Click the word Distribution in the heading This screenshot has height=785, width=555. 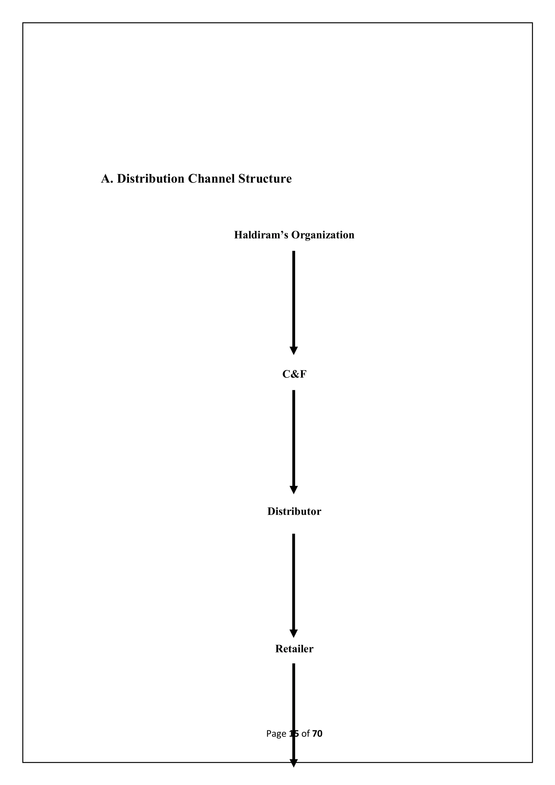coord(150,179)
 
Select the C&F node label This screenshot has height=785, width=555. coord(294,374)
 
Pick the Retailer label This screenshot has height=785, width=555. coord(294,649)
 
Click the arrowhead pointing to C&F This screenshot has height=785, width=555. coord(294,350)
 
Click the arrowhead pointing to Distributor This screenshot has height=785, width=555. coord(294,490)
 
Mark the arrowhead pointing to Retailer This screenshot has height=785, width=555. coord(294,633)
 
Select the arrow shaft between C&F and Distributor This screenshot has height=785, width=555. coord(294,438)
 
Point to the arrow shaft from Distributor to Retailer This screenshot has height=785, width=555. coord(294,581)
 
